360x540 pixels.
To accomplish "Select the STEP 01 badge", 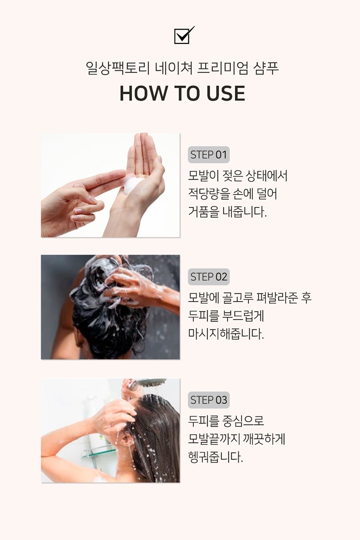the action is [x=209, y=155].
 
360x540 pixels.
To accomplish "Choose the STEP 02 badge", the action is [x=209, y=277].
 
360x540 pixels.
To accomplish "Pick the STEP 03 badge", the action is [x=209, y=400].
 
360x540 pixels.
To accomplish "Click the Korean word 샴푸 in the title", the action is [x=266, y=68].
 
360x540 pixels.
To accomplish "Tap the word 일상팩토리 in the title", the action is [x=118, y=68].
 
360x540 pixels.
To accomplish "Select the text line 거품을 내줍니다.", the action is [x=228, y=212].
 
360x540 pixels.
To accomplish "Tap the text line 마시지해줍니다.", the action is [x=226, y=334].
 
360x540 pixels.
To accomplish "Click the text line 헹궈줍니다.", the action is [x=216, y=457].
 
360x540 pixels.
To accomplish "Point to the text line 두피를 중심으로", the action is [x=226, y=420].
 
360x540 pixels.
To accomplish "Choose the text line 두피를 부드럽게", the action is [x=226, y=316].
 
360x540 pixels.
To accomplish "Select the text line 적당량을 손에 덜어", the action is [x=233, y=194].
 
